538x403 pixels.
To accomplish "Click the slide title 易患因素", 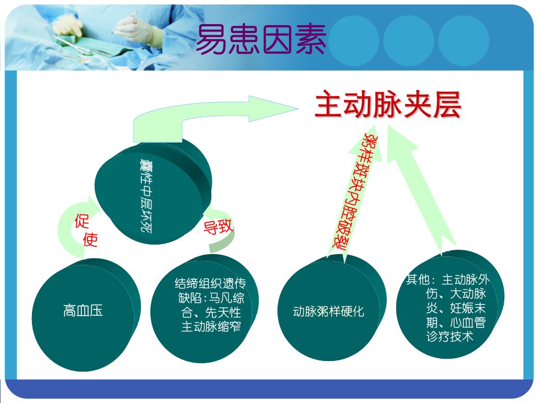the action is [x=261, y=39].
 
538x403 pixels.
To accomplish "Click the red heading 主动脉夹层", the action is [x=388, y=104].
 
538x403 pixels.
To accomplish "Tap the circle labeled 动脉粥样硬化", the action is [x=332, y=308].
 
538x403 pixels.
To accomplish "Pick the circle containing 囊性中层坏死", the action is [x=153, y=192].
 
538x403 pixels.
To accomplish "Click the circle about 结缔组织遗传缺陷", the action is [x=205, y=308].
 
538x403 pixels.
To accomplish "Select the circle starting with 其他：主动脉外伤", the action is [x=450, y=304].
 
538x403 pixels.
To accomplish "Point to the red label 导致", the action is [x=218, y=227].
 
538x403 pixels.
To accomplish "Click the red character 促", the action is [x=82, y=221].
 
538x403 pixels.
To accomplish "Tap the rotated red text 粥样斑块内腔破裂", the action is [x=356, y=192].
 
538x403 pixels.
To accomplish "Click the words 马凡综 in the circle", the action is [x=226, y=298].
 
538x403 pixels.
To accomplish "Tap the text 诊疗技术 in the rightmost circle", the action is [x=450, y=336].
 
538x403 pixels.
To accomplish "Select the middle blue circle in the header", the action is [x=409, y=41].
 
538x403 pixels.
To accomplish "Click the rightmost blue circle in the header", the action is [x=463, y=41].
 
